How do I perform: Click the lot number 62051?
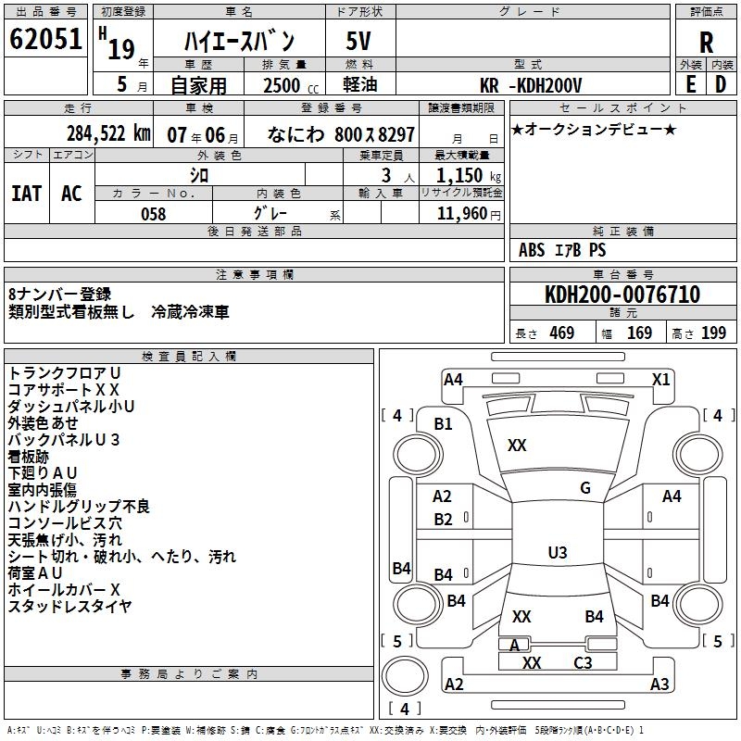[45, 40]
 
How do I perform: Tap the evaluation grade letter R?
[706, 43]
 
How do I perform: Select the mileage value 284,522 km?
[108, 133]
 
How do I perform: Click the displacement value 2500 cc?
[283, 85]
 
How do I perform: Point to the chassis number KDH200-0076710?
[622, 295]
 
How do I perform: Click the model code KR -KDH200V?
[532, 85]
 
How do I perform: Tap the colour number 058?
[153, 214]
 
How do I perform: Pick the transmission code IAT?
[26, 194]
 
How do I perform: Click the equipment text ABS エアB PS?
[562, 250]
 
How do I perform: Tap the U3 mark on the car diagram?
[557, 553]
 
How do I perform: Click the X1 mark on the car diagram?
[660, 379]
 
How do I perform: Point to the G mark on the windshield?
[584, 488]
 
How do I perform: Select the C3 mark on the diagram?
[583, 663]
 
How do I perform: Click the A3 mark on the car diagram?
[659, 684]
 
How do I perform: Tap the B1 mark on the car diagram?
[444, 423]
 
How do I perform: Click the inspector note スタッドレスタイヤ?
[69, 606]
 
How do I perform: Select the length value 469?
[560, 333]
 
